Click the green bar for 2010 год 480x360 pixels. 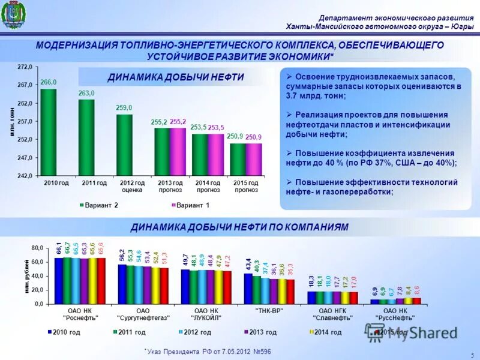pyautogui.click(x=49, y=132)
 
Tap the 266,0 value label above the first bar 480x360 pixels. pyautogui.click(x=49, y=82)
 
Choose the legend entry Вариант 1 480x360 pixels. pyautogui.click(x=191, y=205)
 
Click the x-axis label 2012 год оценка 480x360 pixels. pyautogui.click(x=131, y=186)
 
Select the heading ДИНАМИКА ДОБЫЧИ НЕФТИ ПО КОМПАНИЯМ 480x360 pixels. pyautogui.click(x=239, y=227)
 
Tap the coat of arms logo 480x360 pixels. pyautogui.click(x=13, y=16)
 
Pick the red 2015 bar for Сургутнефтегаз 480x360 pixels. pyautogui.click(x=164, y=286)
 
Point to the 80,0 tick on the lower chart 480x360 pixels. pyautogui.click(x=37, y=247)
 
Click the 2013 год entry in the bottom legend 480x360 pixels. pyautogui.click(x=260, y=332)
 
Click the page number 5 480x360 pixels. pyautogui.click(x=472, y=355)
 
